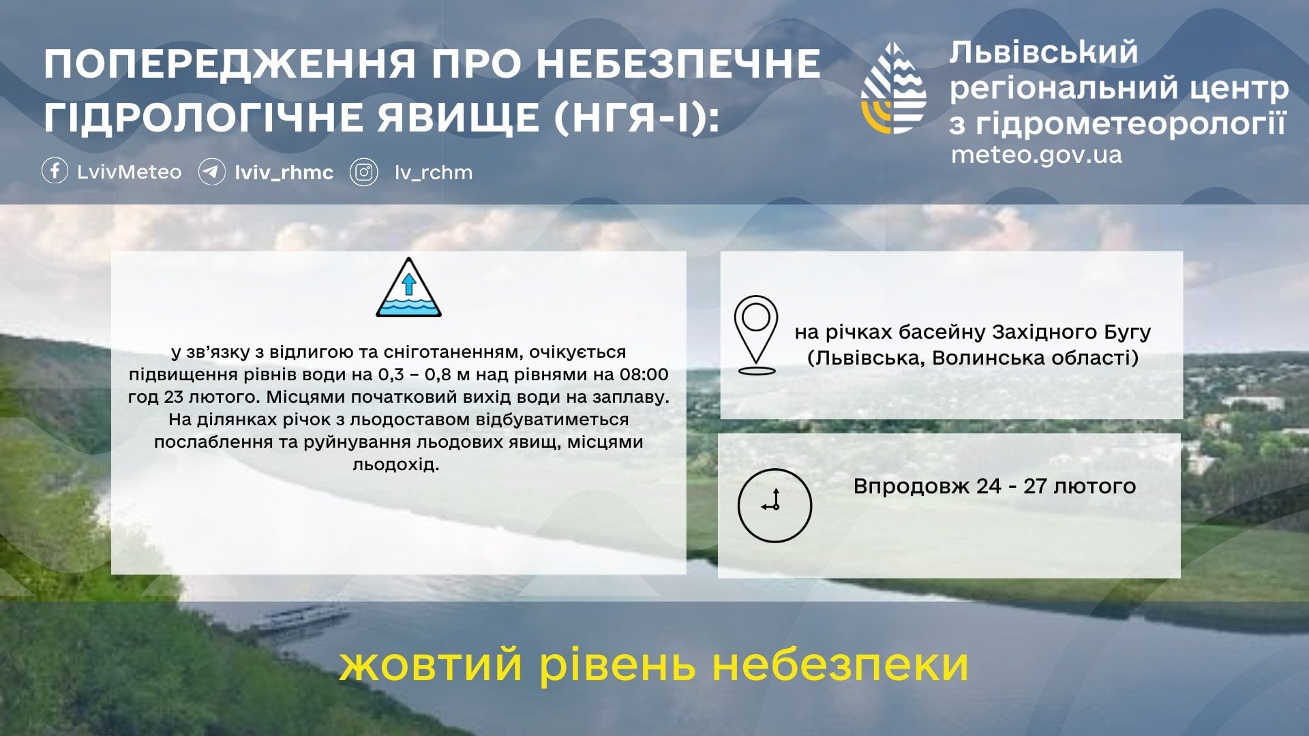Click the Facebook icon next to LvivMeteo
tap(55, 171)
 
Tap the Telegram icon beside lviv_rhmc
tap(212, 172)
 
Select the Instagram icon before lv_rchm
tap(364, 172)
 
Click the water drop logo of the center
tap(894, 87)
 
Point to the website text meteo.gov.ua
tap(1036, 155)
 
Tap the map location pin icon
tap(756, 335)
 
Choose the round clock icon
tap(774, 506)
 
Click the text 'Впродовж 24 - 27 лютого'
tap(995, 486)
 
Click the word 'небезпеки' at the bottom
tap(840, 664)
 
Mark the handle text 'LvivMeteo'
tap(130, 172)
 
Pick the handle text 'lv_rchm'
tap(434, 173)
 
